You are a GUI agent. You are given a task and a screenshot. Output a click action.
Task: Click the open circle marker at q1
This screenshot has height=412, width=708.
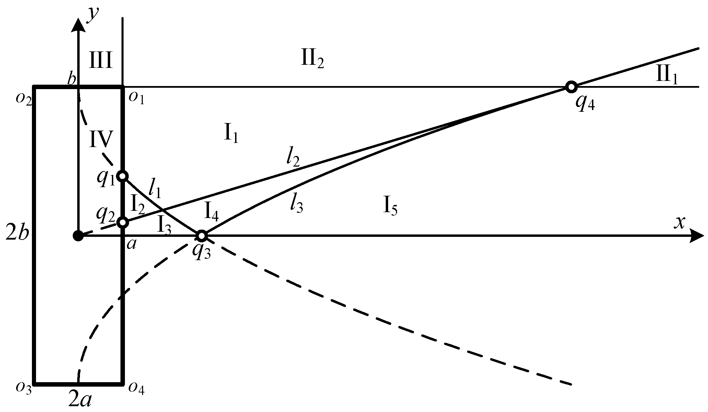click(123, 176)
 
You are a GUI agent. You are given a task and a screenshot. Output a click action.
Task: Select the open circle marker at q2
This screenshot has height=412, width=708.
click(123, 222)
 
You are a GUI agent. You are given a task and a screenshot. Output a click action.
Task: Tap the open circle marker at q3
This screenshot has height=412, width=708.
click(202, 236)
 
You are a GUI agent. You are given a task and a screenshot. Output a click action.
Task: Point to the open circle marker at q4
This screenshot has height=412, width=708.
click(571, 87)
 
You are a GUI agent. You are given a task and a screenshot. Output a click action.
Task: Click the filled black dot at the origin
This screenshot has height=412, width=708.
click(79, 236)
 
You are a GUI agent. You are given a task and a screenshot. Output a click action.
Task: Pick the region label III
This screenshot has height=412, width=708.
click(101, 61)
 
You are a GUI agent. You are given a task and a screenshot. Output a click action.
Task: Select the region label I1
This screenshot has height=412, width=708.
click(231, 134)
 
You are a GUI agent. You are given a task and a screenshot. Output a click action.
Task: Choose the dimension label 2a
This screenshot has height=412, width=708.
click(80, 400)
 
